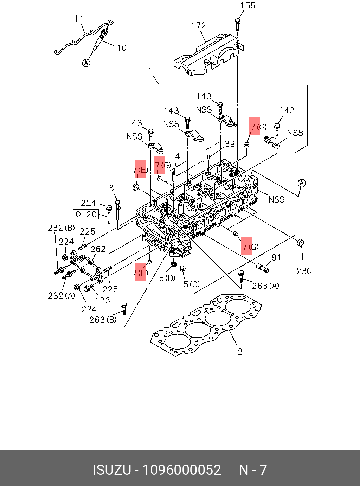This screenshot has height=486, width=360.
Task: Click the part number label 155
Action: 247,6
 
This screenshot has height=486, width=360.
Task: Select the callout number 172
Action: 198,26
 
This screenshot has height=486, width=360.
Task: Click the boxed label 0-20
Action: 86,214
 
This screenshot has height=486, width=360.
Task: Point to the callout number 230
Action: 304,271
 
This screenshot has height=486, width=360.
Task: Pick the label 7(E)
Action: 140,170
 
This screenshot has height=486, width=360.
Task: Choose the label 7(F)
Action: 140,273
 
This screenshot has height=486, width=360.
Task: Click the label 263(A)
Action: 265,286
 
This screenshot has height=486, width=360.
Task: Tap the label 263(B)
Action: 103,320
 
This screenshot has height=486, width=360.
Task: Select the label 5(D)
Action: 167,278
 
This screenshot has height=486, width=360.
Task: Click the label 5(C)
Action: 192,284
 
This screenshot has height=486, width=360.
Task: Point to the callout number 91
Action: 276,257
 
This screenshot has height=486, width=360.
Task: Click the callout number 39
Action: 230,144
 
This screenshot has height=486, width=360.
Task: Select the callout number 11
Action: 79,19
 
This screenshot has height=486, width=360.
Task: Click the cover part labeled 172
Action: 207,56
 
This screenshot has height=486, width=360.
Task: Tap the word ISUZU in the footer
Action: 112,470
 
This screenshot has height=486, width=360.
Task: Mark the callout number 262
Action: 98,249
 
